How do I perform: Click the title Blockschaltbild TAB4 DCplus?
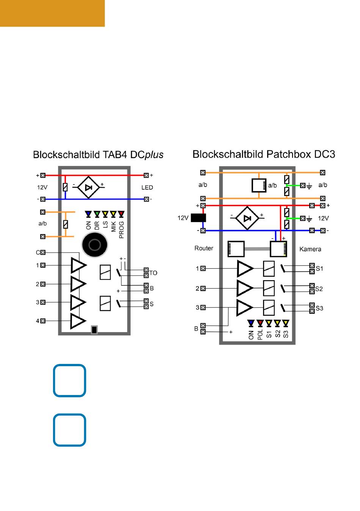point(98,155)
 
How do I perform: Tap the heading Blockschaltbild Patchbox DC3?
point(264,154)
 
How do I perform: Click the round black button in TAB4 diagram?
point(94,245)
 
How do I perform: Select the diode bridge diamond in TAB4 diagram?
point(88,187)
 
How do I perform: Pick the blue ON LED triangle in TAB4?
point(88,214)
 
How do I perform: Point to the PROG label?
point(121,230)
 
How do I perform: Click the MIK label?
point(113,227)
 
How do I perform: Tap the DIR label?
point(97,226)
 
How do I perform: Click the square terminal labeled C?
point(43,252)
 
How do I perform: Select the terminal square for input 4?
point(43,321)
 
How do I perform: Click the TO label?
point(153,273)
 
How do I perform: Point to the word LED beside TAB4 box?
point(147,188)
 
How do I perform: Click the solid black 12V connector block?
point(198,218)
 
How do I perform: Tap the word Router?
point(204,248)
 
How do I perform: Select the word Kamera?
point(310,249)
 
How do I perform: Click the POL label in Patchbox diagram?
point(260,334)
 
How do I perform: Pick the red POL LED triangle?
point(260,323)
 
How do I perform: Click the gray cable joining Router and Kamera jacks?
point(257,249)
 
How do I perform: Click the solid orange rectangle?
point(52,13)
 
